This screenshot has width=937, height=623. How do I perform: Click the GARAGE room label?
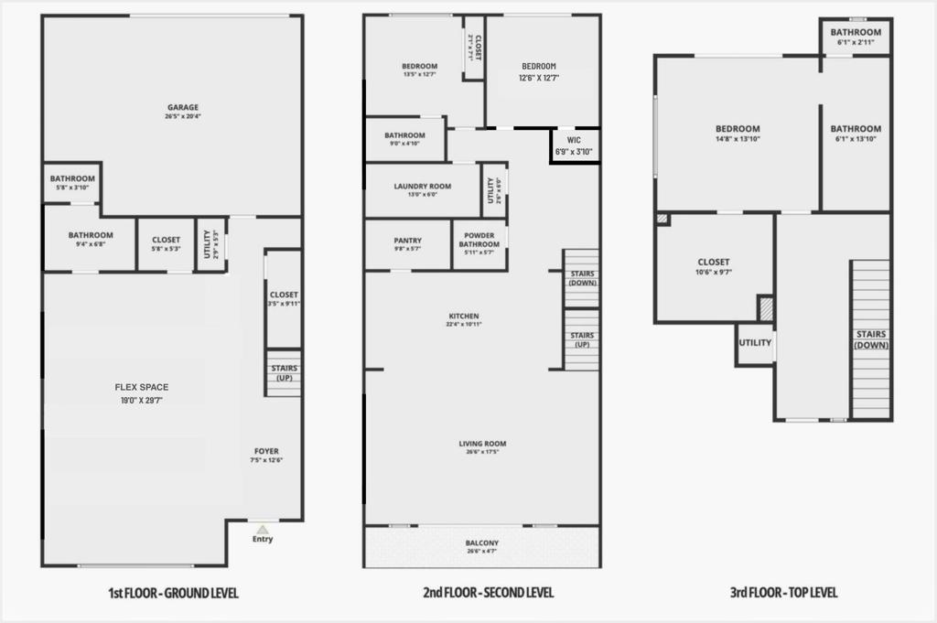[182, 107]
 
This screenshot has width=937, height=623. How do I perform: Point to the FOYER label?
[266, 450]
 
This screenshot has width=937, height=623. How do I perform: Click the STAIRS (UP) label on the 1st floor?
[284, 372]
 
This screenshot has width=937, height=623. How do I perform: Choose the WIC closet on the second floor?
[574, 145]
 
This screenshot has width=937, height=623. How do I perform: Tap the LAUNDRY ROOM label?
[423, 187]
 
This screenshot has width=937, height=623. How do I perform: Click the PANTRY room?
[408, 244]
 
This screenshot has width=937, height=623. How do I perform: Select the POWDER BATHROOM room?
[479, 243]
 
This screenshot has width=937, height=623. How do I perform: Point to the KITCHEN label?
[463, 317]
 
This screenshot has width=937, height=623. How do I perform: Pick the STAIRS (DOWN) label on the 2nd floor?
[582, 278]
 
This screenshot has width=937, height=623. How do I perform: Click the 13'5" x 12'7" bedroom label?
[419, 70]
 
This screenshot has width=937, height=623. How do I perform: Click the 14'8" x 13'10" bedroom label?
[738, 134]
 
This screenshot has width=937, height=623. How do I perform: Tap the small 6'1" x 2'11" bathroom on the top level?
[856, 37]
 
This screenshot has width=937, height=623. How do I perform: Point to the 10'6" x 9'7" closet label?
[714, 267]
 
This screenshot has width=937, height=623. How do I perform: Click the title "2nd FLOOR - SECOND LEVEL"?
[489, 593]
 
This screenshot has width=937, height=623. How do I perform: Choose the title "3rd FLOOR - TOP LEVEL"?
[784, 593]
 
